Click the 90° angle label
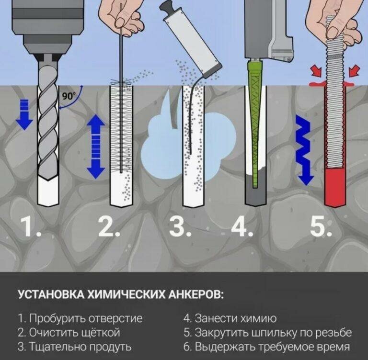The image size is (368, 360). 68,95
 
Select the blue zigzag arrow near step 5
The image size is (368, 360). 304,149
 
